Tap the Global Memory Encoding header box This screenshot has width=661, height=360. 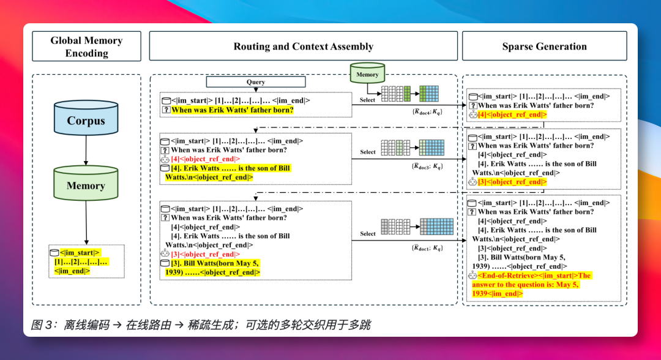[x=86, y=47]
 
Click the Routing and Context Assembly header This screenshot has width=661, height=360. [x=303, y=47]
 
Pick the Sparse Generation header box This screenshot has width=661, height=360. [x=544, y=47]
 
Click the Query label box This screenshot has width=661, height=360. [x=255, y=82]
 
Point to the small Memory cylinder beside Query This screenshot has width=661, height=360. [x=367, y=73]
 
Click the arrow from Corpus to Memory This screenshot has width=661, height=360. [x=86, y=150]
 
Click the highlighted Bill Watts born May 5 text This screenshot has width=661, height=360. [x=212, y=268]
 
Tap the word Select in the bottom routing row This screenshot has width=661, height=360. [x=368, y=233]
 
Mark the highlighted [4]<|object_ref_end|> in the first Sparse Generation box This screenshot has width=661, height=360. [x=512, y=114]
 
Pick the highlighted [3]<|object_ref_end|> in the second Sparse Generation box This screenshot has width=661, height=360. [x=512, y=182]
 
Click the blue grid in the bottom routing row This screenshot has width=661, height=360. [x=436, y=227]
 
